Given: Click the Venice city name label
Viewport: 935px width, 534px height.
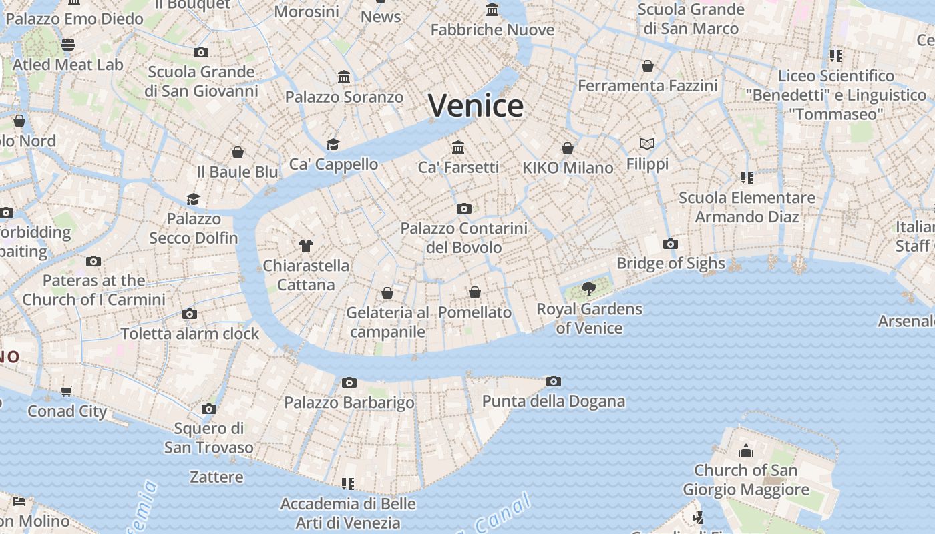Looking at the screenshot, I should point(476,105).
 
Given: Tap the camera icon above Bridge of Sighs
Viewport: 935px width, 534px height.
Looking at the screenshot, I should point(671,244).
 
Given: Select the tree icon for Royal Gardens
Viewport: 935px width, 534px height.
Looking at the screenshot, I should point(588,289).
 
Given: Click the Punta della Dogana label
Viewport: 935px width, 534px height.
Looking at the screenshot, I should point(554,401).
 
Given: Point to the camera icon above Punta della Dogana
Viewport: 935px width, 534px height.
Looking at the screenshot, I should point(553,382).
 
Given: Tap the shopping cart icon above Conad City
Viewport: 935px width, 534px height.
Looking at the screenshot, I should point(66,391).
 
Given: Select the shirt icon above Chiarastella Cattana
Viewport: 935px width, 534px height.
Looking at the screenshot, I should point(306,246).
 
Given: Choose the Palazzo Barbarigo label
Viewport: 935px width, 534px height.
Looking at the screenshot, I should point(349,403).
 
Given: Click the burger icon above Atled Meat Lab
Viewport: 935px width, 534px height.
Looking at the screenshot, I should point(68,45).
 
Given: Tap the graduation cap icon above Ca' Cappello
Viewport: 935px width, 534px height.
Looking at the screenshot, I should point(333,144).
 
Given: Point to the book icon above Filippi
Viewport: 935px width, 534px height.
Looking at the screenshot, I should point(647,144).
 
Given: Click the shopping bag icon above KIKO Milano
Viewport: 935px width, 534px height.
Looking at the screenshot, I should point(568,148).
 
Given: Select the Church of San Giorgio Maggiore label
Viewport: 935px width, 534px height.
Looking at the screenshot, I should point(745,480).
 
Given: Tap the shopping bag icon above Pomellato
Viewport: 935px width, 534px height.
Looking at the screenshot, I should point(475,292).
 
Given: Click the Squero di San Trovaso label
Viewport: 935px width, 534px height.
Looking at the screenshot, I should point(209,437).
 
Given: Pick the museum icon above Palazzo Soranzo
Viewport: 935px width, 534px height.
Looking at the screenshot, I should point(344,77).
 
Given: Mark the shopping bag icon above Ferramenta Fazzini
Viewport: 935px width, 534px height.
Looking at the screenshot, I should point(648,66).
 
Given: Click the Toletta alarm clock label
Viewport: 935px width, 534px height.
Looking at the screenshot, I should point(190,333).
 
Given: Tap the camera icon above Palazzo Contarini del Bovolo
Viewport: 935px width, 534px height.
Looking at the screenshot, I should point(464,209).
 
